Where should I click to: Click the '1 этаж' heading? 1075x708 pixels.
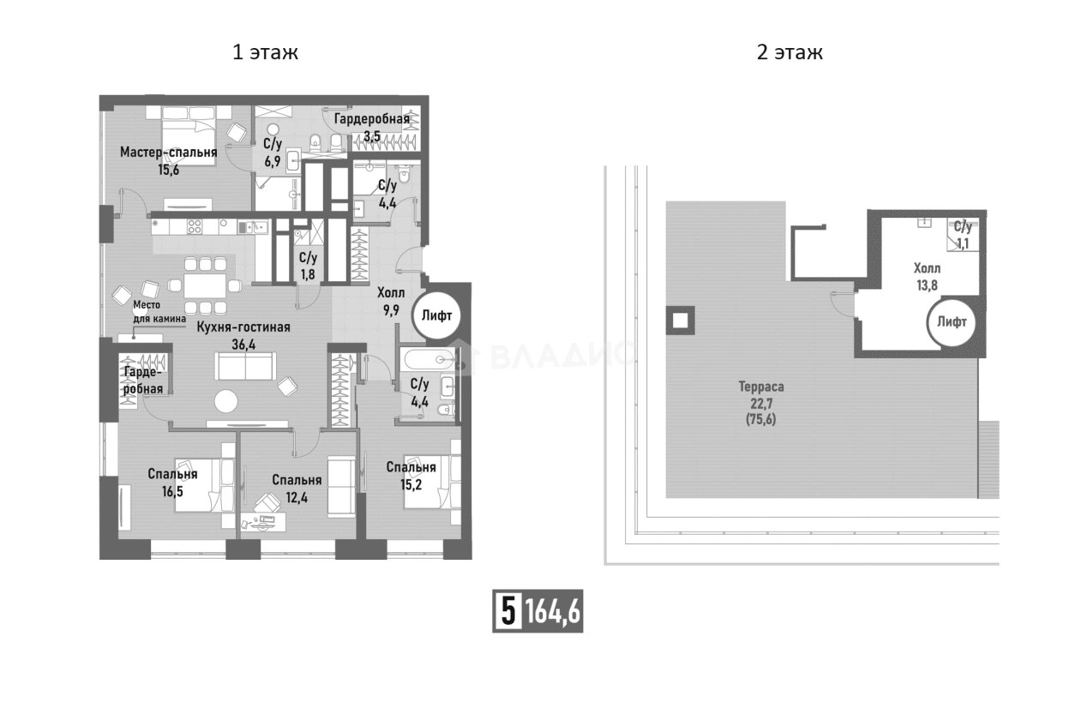tap(265, 52)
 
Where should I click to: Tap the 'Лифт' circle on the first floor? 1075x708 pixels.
tap(436, 315)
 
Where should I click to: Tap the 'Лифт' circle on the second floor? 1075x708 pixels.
tap(952, 321)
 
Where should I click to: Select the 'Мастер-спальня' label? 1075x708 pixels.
tap(168, 153)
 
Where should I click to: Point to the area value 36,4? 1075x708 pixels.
tap(243, 345)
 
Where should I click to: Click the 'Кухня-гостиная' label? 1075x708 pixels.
tap(243, 327)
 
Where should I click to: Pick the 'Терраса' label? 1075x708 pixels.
tap(761, 387)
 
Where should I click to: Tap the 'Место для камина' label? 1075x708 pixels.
tap(159, 311)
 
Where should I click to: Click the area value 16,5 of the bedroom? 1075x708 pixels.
tap(172, 492)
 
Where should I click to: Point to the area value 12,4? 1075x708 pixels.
tap(297, 498)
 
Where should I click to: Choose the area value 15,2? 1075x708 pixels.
tap(411, 485)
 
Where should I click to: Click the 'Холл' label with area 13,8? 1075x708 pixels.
tap(927, 267)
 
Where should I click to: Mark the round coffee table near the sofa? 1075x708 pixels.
tap(226, 401)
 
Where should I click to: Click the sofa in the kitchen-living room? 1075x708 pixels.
tap(245, 366)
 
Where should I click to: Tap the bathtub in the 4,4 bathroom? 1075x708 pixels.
tap(429, 359)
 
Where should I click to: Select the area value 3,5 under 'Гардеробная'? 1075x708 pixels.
tap(372, 137)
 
